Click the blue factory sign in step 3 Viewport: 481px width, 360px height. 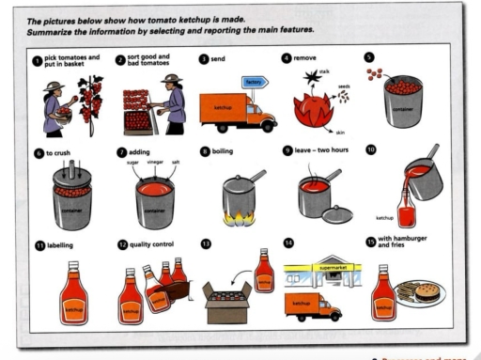coord(253,83)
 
